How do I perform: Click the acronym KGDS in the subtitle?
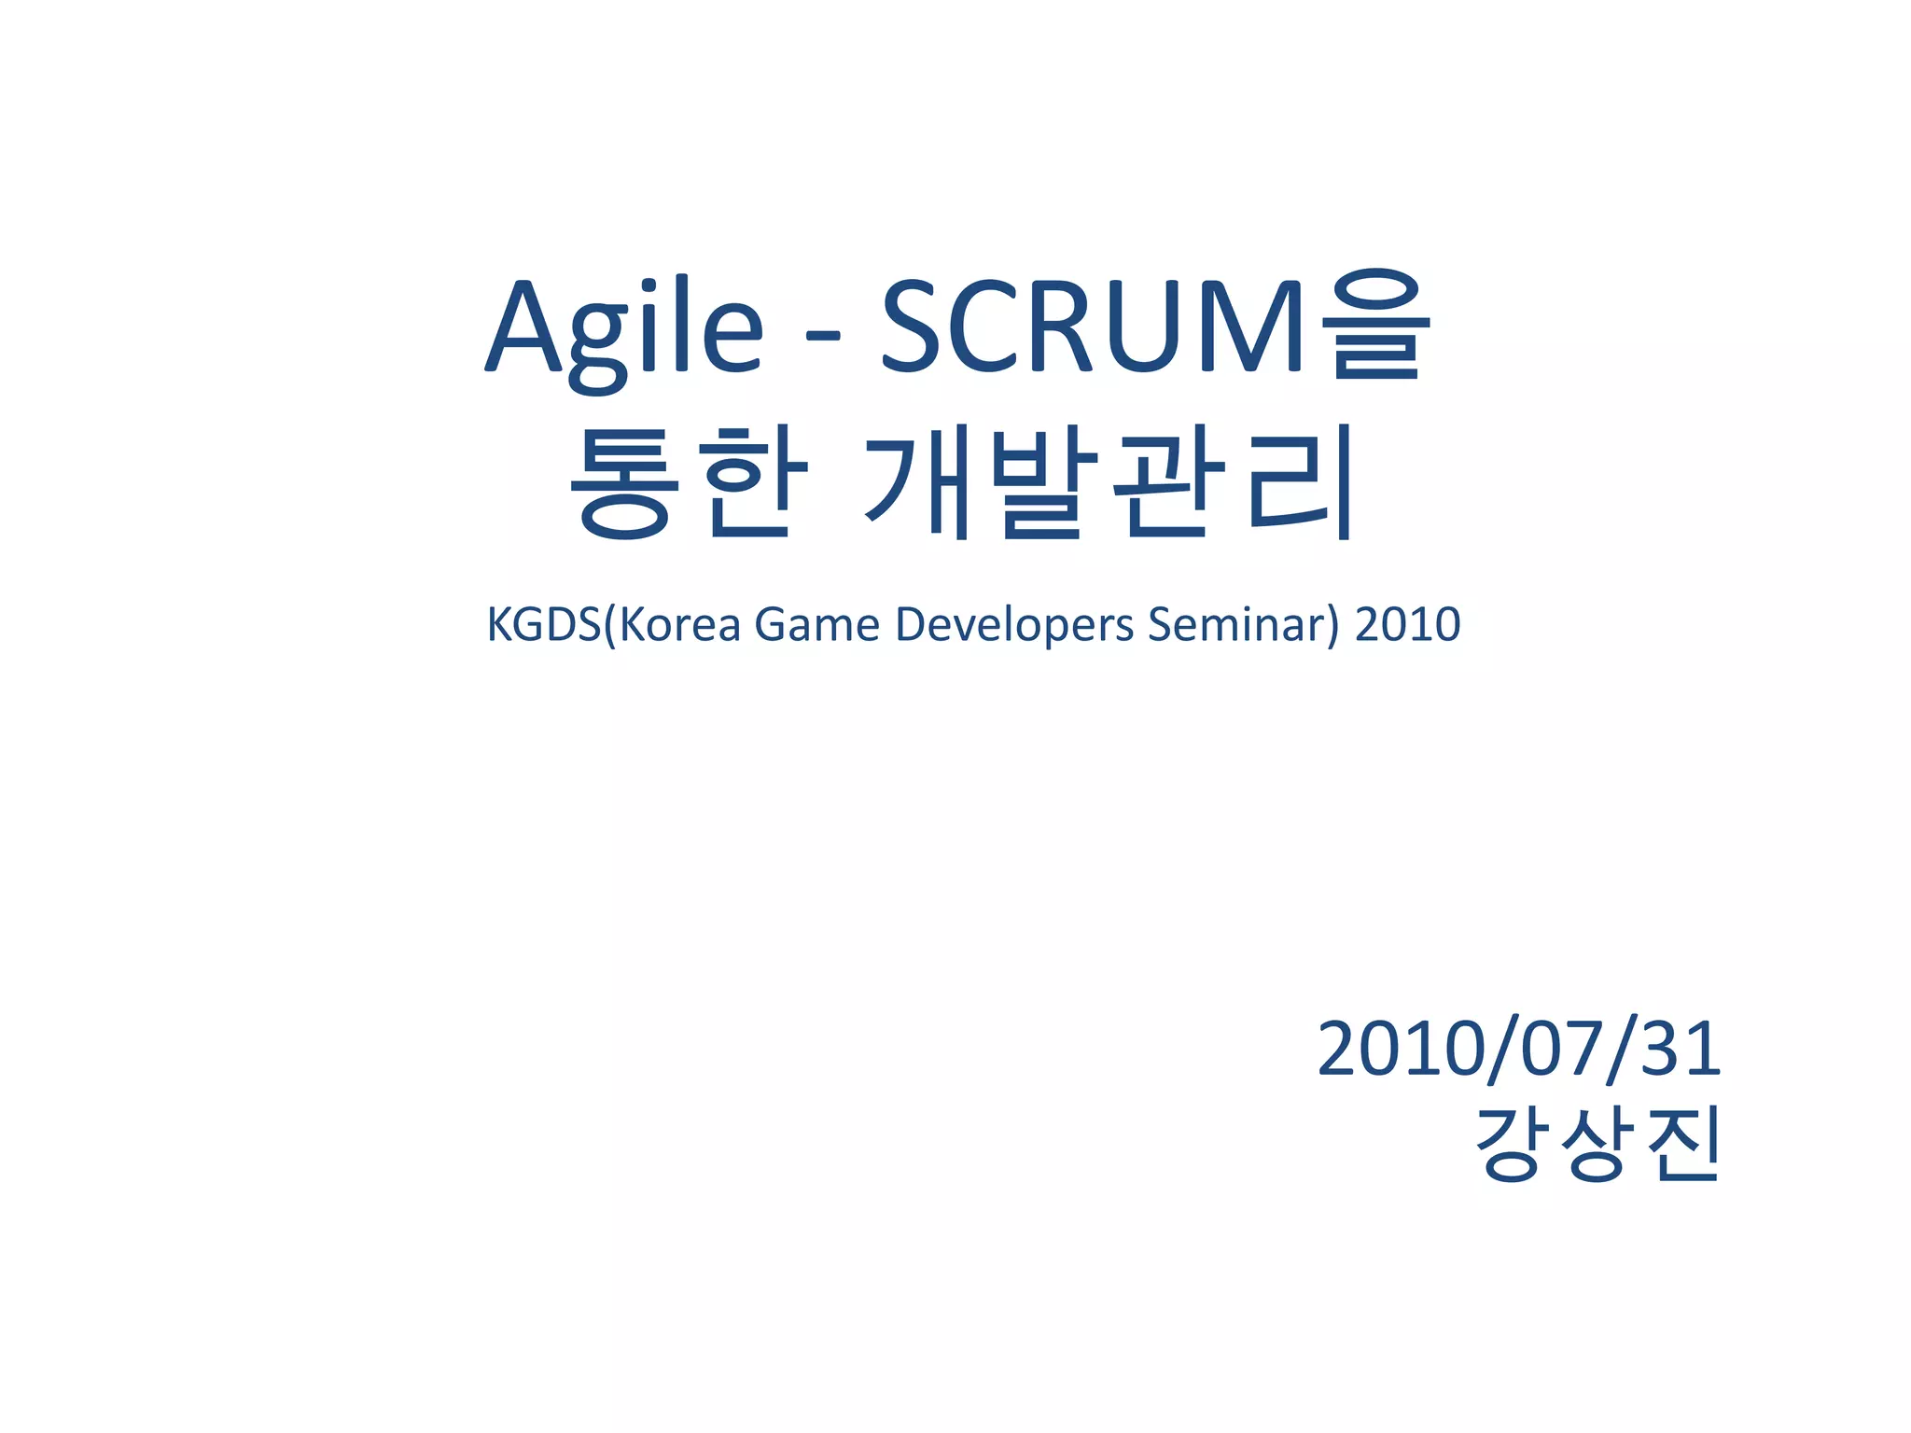545,624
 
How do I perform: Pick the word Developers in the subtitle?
1014,624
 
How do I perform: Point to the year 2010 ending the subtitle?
1407,624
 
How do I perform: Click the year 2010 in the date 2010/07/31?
1400,1049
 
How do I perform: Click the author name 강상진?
1597,1146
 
